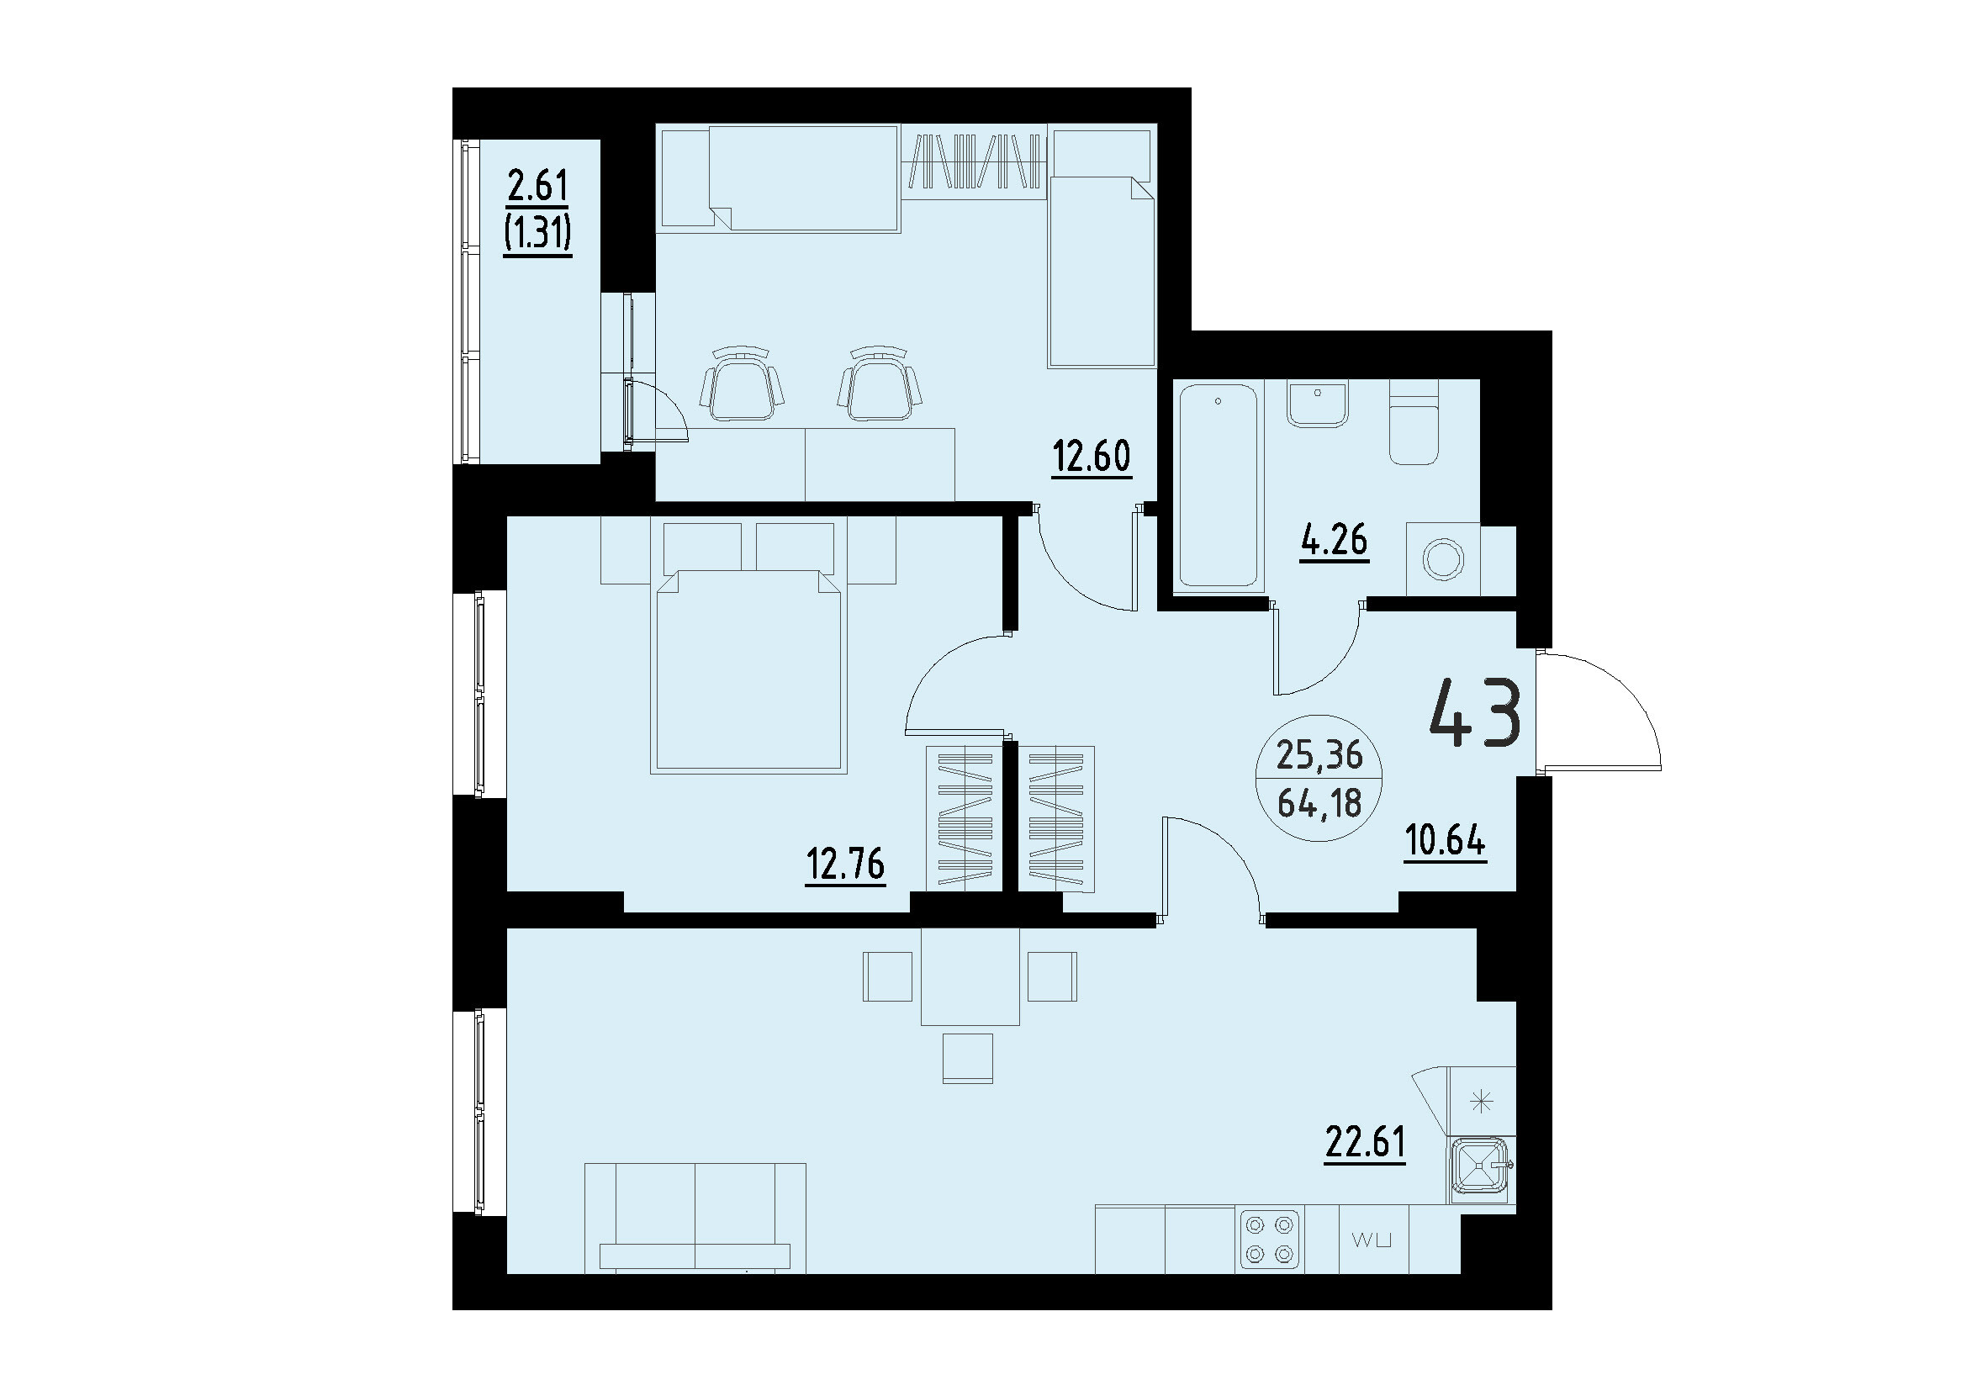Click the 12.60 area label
1092,457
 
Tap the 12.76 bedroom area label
844,863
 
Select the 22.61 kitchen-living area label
1365,1142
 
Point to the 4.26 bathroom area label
1333,541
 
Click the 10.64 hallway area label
1445,840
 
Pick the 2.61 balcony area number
538,185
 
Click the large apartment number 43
1475,712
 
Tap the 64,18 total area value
1319,804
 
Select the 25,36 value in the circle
1319,754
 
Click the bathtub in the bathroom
1219,486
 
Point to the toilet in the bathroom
1414,434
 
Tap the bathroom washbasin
1317,405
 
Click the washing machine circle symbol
1443,559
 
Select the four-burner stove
1271,1239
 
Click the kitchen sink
1481,1167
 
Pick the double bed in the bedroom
748,666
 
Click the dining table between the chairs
970,977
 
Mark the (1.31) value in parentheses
538,231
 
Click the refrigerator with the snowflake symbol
1481,1101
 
